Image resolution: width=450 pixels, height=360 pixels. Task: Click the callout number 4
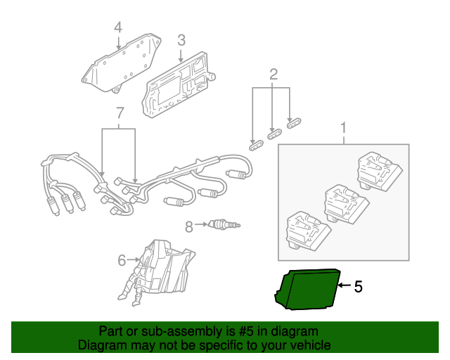118,27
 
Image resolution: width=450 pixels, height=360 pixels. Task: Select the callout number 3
181,40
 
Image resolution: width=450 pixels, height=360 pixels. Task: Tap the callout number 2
274,74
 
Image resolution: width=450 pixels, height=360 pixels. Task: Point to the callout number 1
344,128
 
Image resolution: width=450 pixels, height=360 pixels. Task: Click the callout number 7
120,112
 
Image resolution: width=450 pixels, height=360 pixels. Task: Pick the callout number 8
188,226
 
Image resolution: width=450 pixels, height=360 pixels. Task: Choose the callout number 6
122,260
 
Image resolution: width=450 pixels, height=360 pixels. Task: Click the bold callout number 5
358,286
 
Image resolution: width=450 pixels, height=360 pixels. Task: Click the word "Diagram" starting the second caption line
100,345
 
